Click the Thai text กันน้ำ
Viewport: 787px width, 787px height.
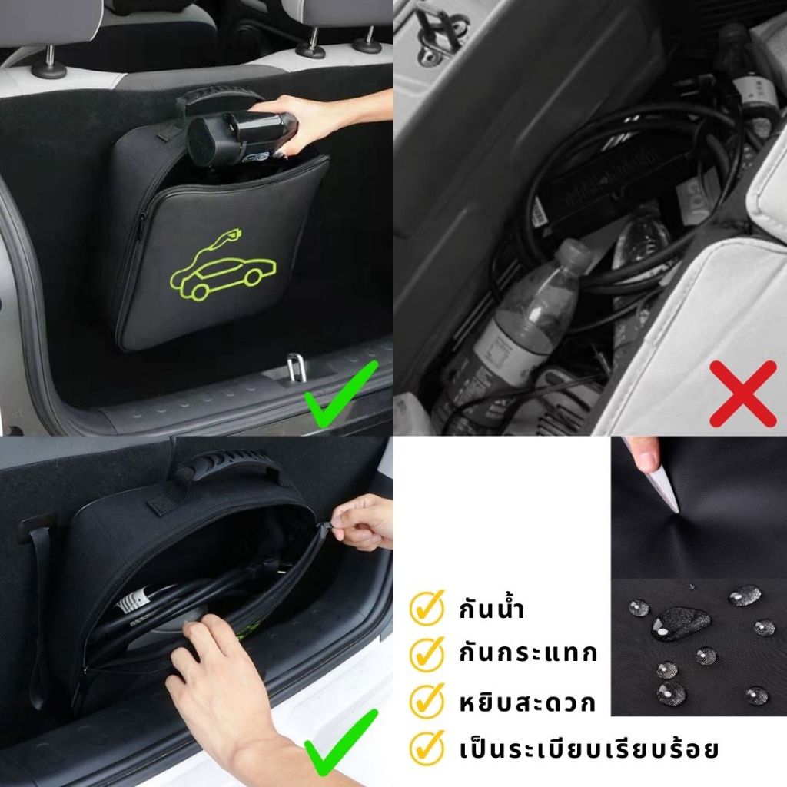tap(492, 609)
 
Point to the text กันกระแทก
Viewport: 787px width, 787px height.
tap(528, 653)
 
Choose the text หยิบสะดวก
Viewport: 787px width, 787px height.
tap(527, 702)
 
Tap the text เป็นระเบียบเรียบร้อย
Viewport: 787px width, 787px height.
tap(589, 749)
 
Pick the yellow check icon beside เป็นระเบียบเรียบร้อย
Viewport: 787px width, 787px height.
tap(427, 747)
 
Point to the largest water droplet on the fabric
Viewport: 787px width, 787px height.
tap(680, 623)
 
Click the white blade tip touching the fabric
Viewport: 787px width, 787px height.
tap(676, 509)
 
